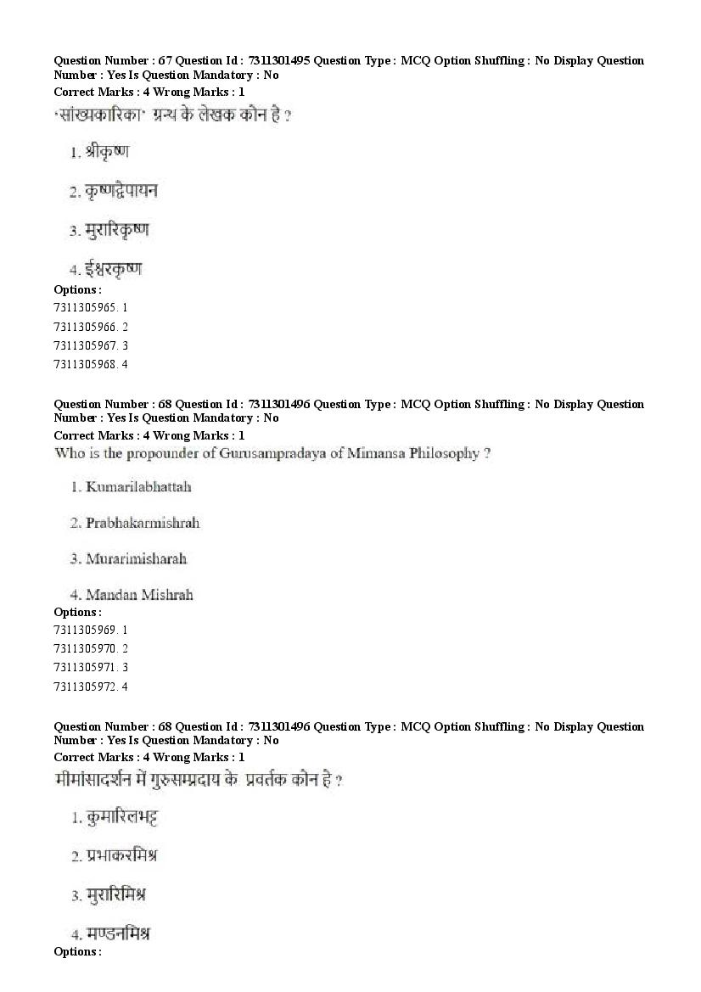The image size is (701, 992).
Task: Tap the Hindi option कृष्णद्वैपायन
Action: [x=121, y=192]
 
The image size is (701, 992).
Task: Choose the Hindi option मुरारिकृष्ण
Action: [x=117, y=230]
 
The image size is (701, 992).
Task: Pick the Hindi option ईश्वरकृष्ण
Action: [x=113, y=270]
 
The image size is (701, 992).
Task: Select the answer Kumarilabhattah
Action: [x=138, y=487]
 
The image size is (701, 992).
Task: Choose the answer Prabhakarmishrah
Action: [x=143, y=523]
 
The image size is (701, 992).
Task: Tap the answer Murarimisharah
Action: [x=136, y=558]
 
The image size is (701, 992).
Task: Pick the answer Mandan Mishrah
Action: [x=139, y=595]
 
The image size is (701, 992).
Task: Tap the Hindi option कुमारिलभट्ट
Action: [x=122, y=818]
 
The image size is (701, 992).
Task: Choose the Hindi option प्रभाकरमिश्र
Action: [x=121, y=856]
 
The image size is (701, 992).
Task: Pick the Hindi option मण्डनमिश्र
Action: [x=118, y=933]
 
